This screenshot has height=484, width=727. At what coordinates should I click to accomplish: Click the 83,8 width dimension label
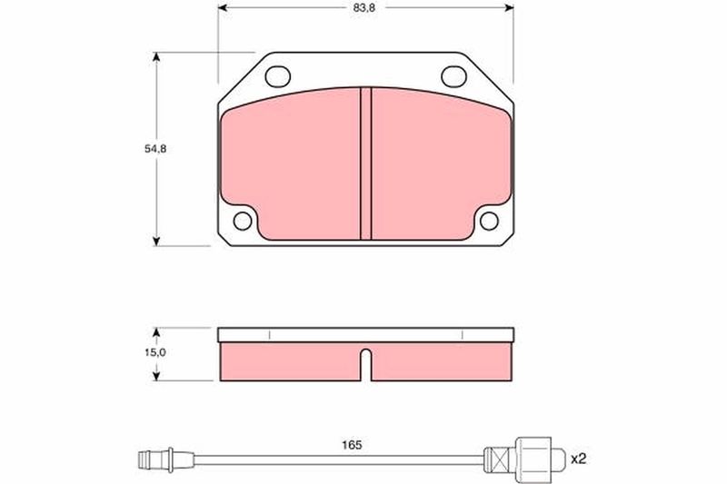[x=365, y=8]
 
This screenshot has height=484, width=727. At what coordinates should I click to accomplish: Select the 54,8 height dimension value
[x=155, y=149]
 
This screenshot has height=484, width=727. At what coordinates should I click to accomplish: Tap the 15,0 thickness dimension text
[x=155, y=352]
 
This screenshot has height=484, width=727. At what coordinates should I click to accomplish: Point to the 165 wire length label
[x=352, y=445]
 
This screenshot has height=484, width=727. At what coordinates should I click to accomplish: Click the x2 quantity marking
[x=579, y=459]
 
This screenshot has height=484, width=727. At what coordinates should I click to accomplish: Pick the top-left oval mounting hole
[x=278, y=76]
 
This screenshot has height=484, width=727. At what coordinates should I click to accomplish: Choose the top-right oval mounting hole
[x=453, y=76]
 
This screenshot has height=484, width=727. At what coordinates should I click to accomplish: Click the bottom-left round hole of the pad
[x=243, y=221]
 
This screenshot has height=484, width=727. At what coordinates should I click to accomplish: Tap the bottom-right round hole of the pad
[x=489, y=221]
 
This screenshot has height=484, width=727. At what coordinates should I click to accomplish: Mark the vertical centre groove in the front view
[x=366, y=163]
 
